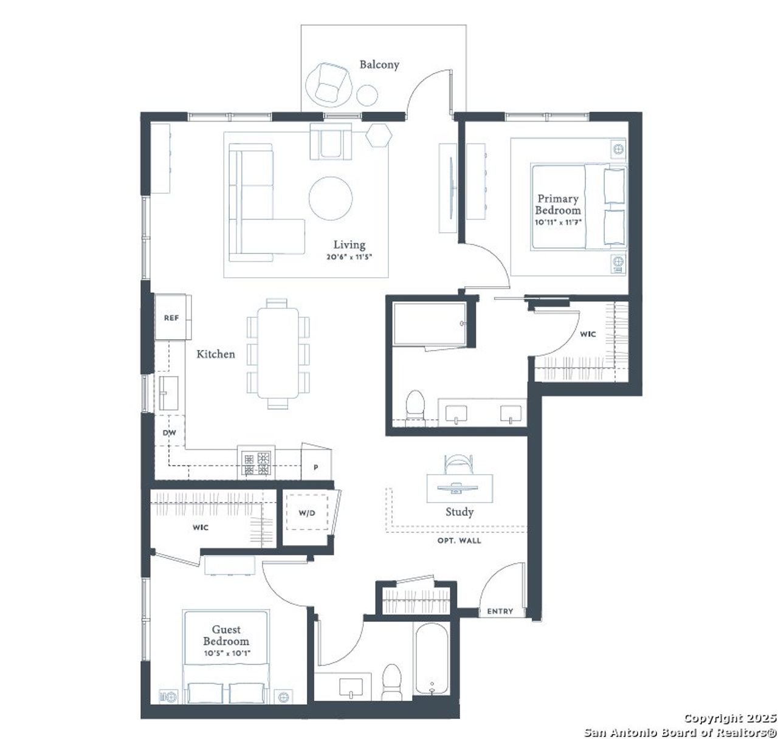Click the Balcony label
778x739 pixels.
379,64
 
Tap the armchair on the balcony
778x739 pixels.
328,83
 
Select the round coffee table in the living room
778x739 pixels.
330,198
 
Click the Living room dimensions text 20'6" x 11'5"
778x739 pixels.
349,256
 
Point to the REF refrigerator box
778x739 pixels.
172,317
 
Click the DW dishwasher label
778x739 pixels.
169,433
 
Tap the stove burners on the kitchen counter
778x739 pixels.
256,463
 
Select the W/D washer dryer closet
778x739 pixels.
307,513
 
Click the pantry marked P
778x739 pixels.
316,467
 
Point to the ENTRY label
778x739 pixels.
500,611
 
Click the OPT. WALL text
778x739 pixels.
459,540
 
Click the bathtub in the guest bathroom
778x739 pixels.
432,660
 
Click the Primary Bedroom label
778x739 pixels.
557,204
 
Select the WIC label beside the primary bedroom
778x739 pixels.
587,334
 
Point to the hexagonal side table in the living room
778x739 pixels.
378,135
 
